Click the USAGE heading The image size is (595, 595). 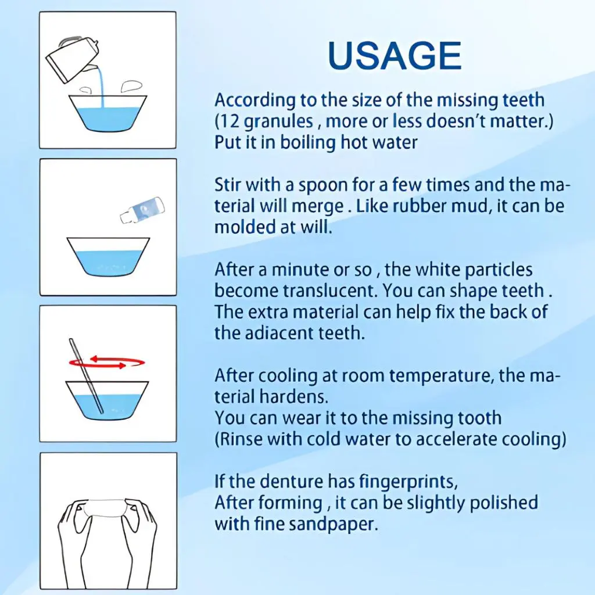[395, 56]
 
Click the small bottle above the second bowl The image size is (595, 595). [142, 210]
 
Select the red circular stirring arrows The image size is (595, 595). [107, 363]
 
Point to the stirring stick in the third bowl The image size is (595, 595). [86, 376]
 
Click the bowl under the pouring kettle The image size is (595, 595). [107, 113]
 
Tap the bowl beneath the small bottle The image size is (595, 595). [108, 257]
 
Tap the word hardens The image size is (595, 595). [293, 397]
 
